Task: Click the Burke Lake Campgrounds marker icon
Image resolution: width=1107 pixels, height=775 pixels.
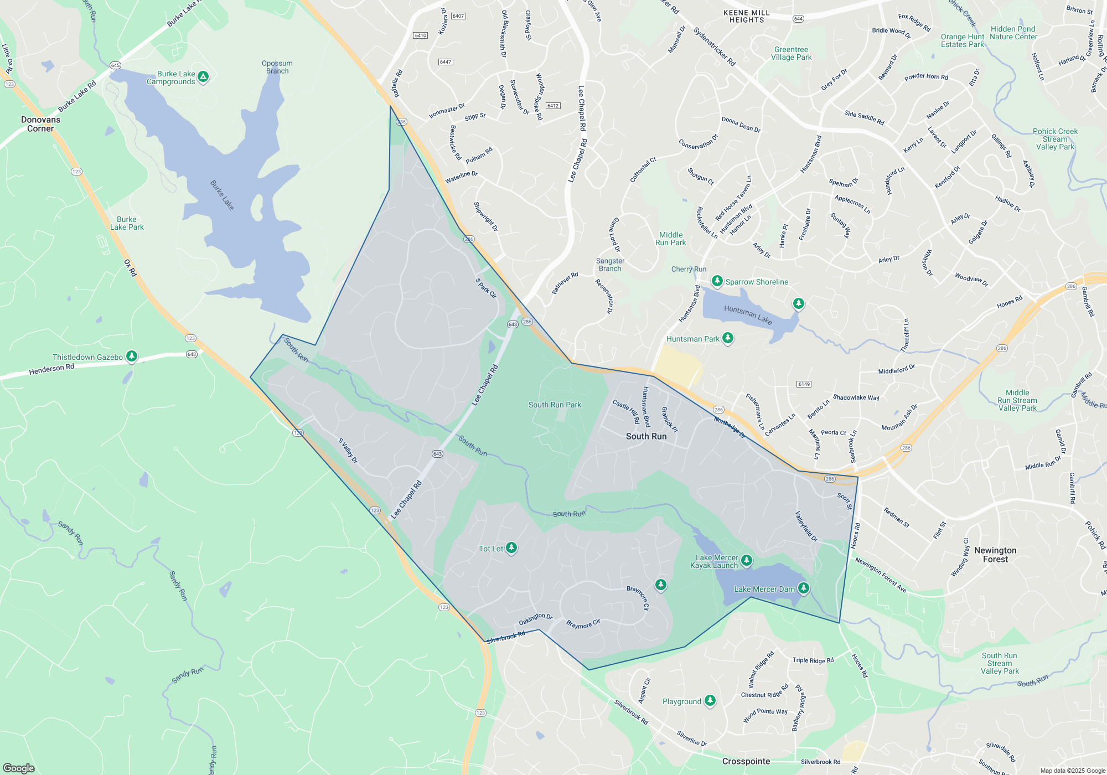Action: pyautogui.click(x=203, y=77)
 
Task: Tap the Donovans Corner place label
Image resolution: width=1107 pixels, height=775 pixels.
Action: pyautogui.click(x=40, y=124)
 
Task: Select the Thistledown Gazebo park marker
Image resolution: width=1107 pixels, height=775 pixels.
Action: pyautogui.click(x=132, y=356)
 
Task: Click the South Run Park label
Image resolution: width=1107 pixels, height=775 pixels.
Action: pyautogui.click(x=555, y=405)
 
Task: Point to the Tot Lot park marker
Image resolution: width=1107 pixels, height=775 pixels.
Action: pyautogui.click(x=511, y=548)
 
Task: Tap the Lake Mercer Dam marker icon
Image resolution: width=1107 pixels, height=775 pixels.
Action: pyautogui.click(x=803, y=588)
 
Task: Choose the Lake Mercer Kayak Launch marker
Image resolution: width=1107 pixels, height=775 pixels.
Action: pyautogui.click(x=746, y=561)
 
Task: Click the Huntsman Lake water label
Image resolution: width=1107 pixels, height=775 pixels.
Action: pyautogui.click(x=748, y=315)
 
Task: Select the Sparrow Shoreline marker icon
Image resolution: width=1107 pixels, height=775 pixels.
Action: pyautogui.click(x=717, y=281)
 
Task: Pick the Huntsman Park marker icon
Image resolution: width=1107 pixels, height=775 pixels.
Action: pyautogui.click(x=728, y=338)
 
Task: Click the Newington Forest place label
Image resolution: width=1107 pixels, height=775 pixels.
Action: pyautogui.click(x=995, y=555)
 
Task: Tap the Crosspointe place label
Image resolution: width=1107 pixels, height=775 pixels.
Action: pyautogui.click(x=746, y=761)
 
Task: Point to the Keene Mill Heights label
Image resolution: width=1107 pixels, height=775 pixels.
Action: pyautogui.click(x=747, y=16)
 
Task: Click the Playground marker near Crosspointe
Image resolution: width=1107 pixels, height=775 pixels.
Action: pyautogui.click(x=710, y=701)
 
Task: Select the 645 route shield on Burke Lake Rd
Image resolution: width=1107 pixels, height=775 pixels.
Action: pyautogui.click(x=115, y=65)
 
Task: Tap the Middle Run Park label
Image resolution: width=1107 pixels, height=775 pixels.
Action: pyautogui.click(x=671, y=239)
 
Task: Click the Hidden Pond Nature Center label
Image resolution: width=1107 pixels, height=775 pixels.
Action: pyautogui.click(x=1013, y=33)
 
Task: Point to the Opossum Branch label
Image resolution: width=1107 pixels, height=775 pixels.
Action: pyautogui.click(x=277, y=67)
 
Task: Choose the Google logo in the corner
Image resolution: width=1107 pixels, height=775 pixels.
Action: pyautogui.click(x=19, y=768)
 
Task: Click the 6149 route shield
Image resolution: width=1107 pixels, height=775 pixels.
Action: pyautogui.click(x=804, y=384)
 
